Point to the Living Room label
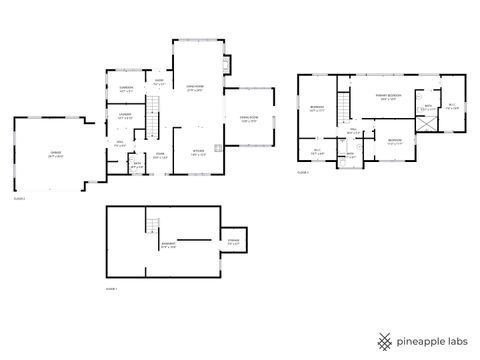[x=196, y=88]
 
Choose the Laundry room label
[x=126, y=116]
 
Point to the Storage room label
[x=233, y=241]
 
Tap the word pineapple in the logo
[x=420, y=339]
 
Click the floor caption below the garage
[x=19, y=199]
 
